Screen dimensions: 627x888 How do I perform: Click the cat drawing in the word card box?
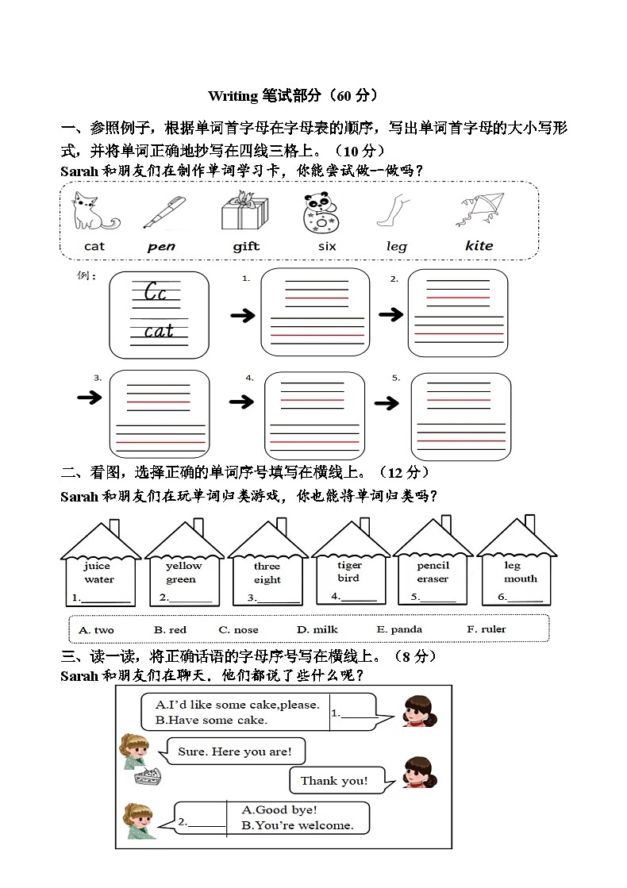tap(93, 212)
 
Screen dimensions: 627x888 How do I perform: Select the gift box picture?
tap(244, 212)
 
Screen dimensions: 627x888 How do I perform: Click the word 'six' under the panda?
tap(327, 247)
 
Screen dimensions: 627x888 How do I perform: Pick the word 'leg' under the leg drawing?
tap(396, 247)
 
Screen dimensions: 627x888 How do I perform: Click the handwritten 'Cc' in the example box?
tap(156, 293)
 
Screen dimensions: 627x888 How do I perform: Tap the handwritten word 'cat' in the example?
tap(159, 331)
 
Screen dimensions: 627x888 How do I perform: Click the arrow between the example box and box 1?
tap(243, 316)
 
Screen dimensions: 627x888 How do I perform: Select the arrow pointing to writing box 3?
tap(90, 398)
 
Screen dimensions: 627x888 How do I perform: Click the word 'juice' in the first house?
tap(98, 567)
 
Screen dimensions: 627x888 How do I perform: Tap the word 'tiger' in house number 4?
tap(349, 565)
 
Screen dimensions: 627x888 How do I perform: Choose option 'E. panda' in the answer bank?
tap(399, 629)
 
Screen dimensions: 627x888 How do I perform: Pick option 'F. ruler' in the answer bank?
tap(486, 629)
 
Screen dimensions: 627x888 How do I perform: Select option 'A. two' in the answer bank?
tap(96, 630)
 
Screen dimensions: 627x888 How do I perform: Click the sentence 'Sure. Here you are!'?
tap(235, 752)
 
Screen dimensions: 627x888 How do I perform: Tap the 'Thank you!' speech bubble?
tap(334, 781)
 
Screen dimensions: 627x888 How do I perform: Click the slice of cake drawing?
tap(148, 777)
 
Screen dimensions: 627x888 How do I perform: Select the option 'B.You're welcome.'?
tap(298, 825)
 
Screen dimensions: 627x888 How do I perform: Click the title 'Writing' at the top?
tap(233, 96)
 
